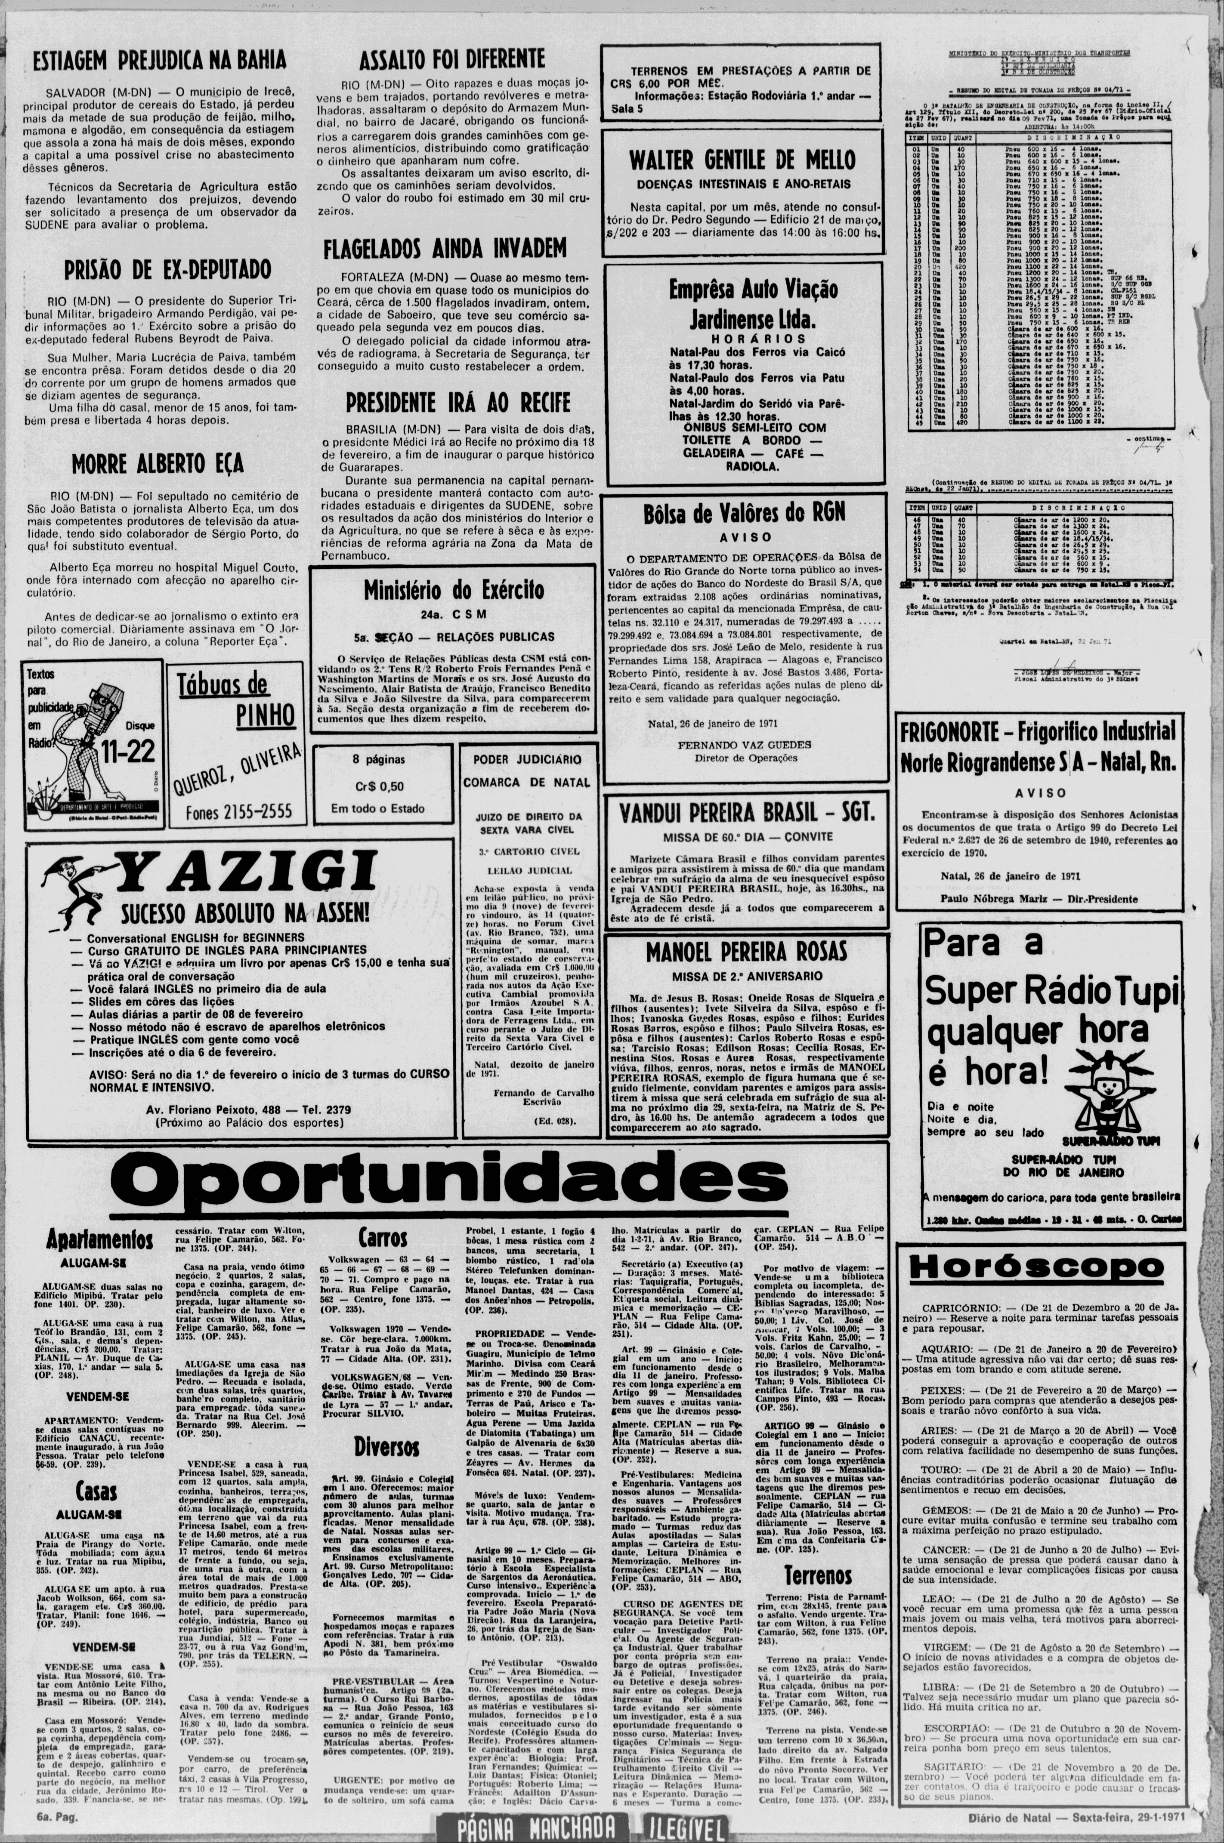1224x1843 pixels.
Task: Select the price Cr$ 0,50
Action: pos(379,786)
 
